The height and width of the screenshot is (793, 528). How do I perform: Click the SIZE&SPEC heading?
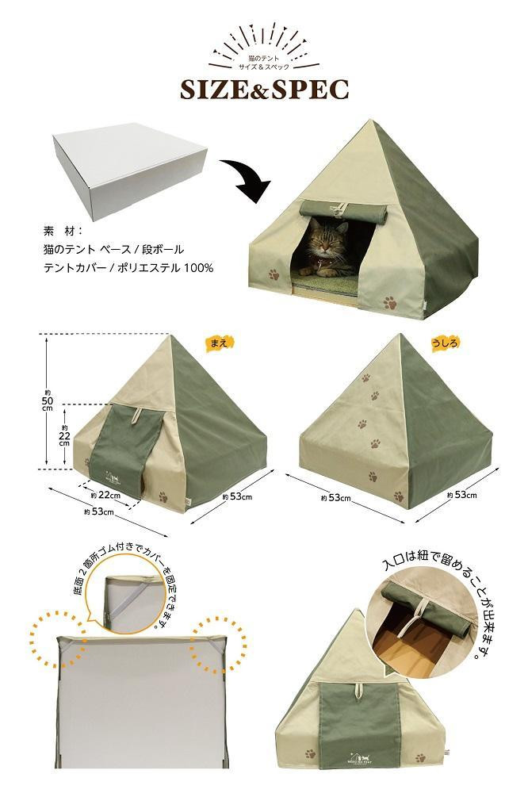point(265,90)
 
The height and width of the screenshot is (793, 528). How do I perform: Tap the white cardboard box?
point(130,170)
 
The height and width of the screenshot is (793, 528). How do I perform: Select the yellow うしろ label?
point(446,343)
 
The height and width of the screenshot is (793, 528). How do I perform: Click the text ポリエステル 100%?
point(166,267)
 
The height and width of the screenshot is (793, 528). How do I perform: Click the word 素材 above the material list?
point(63,231)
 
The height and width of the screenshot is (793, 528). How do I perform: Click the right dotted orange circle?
point(218,638)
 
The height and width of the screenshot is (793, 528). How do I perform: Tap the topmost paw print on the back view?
point(365,377)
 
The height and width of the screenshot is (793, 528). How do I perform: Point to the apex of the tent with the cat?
point(373,120)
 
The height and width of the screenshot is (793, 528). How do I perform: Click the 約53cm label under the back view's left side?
point(336,498)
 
